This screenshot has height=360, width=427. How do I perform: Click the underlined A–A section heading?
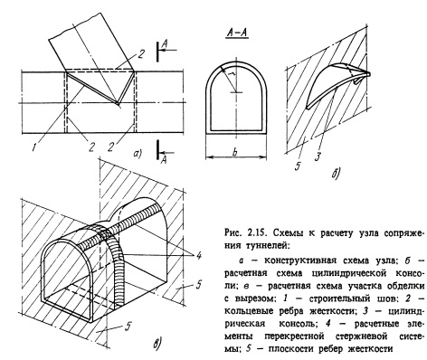237,33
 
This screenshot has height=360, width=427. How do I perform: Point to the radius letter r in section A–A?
232,74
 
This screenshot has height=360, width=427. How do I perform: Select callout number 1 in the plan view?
35,147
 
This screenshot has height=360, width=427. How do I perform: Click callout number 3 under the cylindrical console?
318,156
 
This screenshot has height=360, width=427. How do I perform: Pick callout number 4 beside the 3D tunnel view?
198,256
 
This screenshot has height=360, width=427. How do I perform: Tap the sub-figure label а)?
138,154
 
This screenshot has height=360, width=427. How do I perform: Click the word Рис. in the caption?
233,233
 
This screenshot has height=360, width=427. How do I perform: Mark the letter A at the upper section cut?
165,44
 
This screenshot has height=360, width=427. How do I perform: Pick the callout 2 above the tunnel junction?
141,55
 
